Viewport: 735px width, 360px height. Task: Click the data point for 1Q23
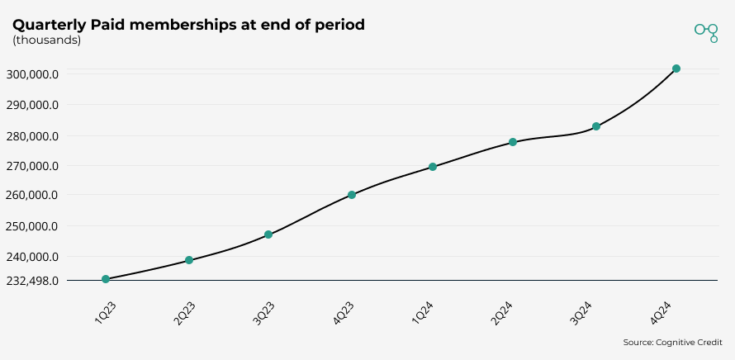pyautogui.click(x=106, y=279)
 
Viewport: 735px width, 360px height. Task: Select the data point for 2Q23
pyautogui.click(x=189, y=260)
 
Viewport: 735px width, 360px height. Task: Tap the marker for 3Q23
pyautogui.click(x=268, y=234)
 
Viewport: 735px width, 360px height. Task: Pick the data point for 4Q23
pyautogui.click(x=352, y=195)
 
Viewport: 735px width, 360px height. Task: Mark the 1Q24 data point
pyautogui.click(x=433, y=167)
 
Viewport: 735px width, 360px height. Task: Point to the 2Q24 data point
pyautogui.click(x=513, y=142)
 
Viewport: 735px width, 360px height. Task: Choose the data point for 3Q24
pyautogui.click(x=596, y=126)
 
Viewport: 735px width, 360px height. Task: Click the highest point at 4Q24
pyautogui.click(x=676, y=69)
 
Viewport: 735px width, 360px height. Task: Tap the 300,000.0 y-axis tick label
pyautogui.click(x=34, y=74)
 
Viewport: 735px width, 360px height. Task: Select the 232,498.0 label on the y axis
pyautogui.click(x=34, y=281)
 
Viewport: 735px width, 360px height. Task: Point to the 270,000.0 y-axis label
pyautogui.click(x=34, y=166)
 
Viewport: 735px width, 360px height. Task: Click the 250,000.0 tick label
pyautogui.click(x=34, y=226)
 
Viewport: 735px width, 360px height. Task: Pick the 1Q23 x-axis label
pyautogui.click(x=105, y=314)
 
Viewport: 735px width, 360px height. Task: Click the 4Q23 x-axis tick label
pyautogui.click(x=344, y=314)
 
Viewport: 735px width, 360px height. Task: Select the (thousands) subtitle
pyautogui.click(x=46, y=40)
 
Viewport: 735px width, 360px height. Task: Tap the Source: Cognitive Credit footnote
pyautogui.click(x=672, y=342)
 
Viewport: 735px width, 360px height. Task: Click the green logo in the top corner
pyautogui.click(x=706, y=31)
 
